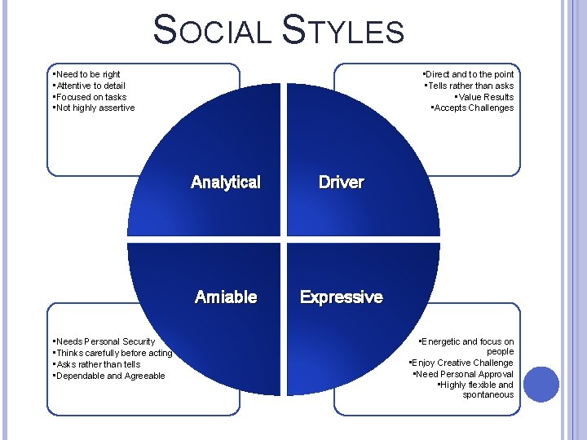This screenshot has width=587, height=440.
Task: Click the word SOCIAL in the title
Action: click(213, 30)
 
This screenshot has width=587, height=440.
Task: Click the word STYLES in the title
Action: click(342, 30)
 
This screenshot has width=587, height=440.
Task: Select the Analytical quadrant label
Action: click(225, 183)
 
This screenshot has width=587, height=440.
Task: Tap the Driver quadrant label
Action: click(341, 183)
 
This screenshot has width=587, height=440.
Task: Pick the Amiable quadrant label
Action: click(226, 297)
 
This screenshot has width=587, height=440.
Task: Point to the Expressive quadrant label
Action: click(341, 297)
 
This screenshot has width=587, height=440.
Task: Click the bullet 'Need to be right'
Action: click(86, 74)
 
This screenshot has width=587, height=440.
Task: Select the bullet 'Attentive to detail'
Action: click(89, 86)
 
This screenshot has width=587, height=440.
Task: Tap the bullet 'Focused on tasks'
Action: click(90, 97)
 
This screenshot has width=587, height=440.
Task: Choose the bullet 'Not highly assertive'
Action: click(94, 108)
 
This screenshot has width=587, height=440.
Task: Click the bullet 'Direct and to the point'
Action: click(468, 74)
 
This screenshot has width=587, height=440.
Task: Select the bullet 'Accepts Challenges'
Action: click(472, 108)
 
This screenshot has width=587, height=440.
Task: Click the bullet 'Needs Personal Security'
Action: click(104, 341)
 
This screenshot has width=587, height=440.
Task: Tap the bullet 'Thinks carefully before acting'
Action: click(113, 353)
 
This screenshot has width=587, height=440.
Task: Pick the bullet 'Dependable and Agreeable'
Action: click(108, 376)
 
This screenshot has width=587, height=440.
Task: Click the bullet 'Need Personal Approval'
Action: click(463, 374)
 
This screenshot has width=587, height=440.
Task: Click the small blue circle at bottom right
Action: click(541, 385)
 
